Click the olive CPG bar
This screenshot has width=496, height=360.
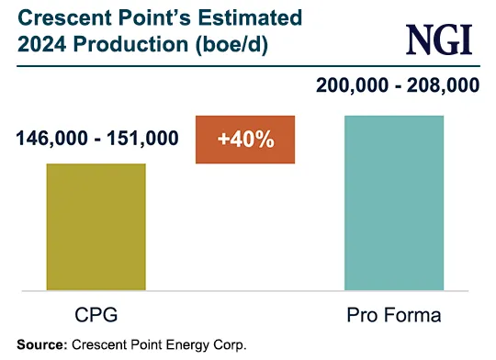click(96, 228)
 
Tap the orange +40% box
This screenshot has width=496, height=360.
click(244, 141)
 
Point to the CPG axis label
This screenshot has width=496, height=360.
click(96, 316)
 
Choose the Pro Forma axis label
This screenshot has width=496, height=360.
click(394, 316)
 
